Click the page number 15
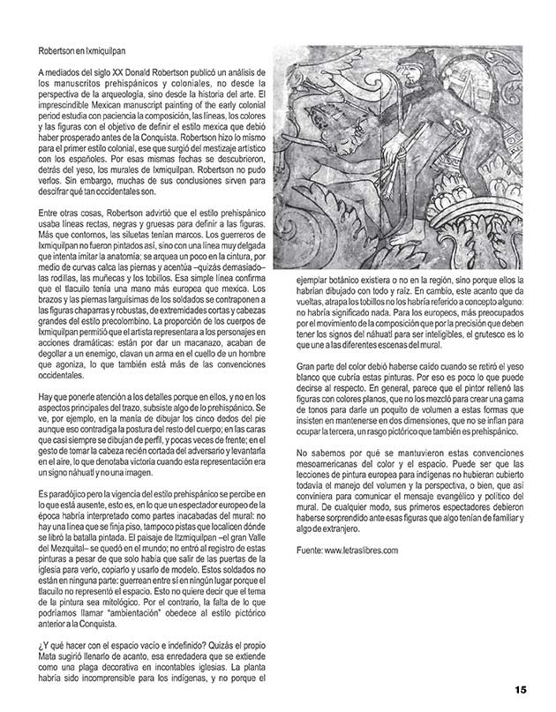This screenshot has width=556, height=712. (x=521, y=689)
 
